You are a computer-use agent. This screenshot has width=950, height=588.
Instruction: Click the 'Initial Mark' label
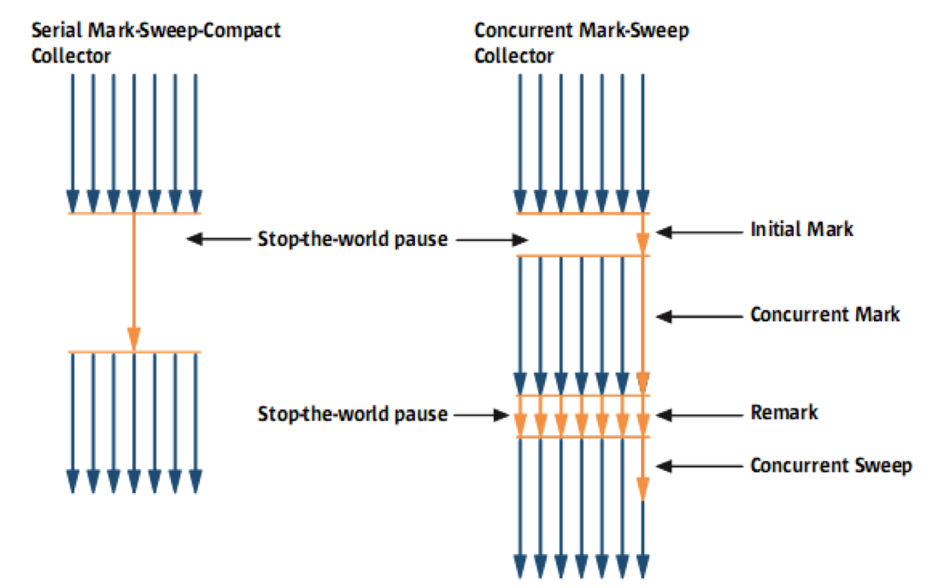[801, 229]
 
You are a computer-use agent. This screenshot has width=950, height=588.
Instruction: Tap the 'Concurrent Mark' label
[824, 315]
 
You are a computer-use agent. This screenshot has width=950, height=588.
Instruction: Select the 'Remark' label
[784, 413]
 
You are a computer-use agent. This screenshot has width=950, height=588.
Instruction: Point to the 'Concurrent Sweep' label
[831, 466]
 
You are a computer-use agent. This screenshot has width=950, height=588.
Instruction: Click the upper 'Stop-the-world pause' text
[353, 239]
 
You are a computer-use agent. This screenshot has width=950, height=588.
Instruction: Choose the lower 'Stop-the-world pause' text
[353, 414]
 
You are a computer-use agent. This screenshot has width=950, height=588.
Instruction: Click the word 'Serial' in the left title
[56, 30]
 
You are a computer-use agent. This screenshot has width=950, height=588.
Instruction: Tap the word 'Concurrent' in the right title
[523, 30]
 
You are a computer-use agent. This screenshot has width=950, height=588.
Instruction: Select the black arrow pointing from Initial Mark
[699, 232]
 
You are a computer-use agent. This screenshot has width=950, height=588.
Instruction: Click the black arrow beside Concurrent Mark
[699, 316]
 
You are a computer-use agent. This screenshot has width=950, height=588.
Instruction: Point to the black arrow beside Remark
[699, 415]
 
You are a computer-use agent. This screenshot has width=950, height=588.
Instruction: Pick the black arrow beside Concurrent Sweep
[699, 466]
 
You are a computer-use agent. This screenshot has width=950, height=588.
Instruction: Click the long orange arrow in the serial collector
[134, 283]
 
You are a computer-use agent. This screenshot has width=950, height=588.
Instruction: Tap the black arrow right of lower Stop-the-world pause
[482, 415]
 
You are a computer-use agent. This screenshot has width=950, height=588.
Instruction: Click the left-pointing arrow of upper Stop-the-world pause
[218, 238]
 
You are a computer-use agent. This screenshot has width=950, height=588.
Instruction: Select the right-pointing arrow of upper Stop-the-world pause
[492, 240]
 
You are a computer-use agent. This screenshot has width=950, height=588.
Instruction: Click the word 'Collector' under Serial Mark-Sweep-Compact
[71, 56]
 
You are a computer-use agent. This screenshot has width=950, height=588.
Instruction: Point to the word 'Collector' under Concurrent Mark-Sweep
[513, 56]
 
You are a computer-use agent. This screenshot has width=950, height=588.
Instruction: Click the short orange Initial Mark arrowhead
[642, 244]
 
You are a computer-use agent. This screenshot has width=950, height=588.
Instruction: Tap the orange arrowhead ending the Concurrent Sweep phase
[642, 489]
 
